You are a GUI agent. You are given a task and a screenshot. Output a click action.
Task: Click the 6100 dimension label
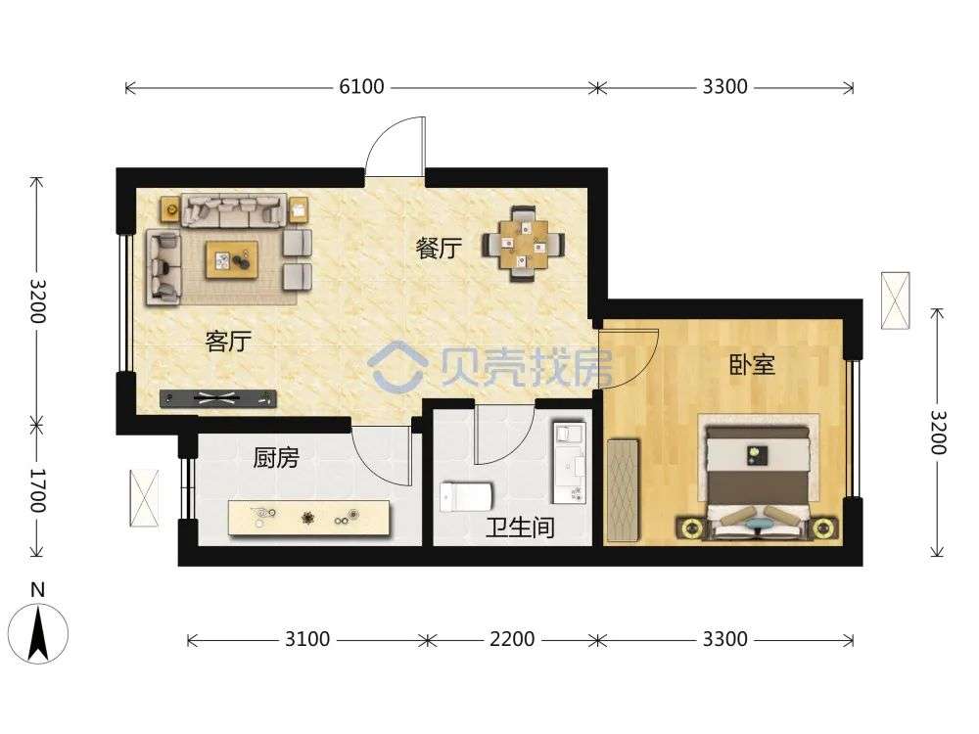pyautogui.click(x=361, y=86)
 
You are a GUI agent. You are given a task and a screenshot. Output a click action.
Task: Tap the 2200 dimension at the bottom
pyautogui.click(x=512, y=639)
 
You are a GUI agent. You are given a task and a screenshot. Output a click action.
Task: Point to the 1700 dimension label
pyautogui.click(x=38, y=490)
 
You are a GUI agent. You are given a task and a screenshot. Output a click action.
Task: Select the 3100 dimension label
pyautogui.click(x=307, y=639)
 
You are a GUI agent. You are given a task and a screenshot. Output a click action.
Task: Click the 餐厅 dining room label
pyautogui.click(x=439, y=249)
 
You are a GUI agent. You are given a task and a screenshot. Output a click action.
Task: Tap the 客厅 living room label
pyautogui.click(x=228, y=342)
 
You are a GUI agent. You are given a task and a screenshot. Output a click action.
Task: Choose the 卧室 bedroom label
pyautogui.click(x=752, y=365)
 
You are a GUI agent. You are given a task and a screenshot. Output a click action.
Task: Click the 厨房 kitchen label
pyautogui.click(x=276, y=457)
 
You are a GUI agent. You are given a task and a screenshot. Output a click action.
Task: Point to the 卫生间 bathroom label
pyautogui.click(x=521, y=528)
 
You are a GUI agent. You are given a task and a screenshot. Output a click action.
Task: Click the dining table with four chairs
pyautogui.click(x=523, y=244)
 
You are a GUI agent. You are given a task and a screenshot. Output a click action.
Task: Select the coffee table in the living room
pyautogui.click(x=232, y=259)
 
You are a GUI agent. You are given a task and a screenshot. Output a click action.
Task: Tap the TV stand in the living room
pyautogui.click(x=218, y=398)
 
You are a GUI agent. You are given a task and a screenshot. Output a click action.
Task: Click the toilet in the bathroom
pyautogui.click(x=466, y=497)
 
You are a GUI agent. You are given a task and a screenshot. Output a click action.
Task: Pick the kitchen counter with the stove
pyautogui.click(x=309, y=518)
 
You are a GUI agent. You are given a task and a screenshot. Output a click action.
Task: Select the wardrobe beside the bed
pyautogui.click(x=623, y=489)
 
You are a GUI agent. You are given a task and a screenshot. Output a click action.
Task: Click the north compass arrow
pyautogui.click(x=39, y=634)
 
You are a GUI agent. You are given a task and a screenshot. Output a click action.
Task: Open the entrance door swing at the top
pyautogui.click(x=396, y=148)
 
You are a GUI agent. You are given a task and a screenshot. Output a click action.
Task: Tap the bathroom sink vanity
pyautogui.click(x=568, y=463)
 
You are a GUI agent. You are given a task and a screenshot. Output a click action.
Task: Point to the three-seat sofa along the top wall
pyautogui.click(x=234, y=210)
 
